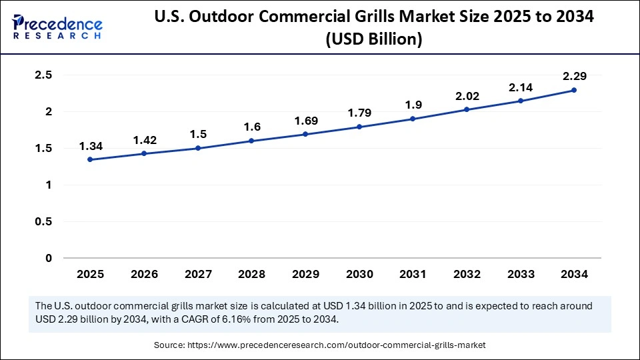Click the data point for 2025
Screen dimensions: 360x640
90,159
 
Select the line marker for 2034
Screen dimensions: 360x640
573,90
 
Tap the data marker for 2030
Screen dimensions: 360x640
359,127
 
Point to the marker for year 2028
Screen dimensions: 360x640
251,141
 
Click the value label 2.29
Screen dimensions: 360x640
573,76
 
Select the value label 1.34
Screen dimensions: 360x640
90,146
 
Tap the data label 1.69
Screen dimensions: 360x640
305,121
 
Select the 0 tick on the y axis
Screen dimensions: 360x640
49,258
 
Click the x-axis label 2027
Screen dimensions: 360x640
197,274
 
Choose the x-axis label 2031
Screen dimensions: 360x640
413,274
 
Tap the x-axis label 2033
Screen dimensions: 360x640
520,274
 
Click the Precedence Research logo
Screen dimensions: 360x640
57,26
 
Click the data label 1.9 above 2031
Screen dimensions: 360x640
413,105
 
